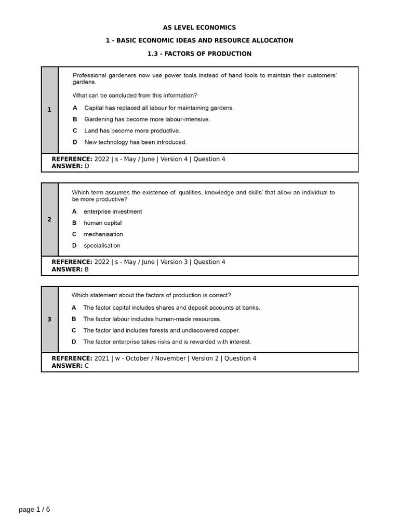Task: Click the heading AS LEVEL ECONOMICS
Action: [199, 28]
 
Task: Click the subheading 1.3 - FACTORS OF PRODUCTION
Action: [199, 54]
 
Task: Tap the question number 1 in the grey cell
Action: [49, 110]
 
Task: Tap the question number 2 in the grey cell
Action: [49, 219]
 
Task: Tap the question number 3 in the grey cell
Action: [49, 319]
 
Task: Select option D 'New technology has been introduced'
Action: [135, 142]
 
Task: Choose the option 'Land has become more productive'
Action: [132, 130]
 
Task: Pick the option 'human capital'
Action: [102, 223]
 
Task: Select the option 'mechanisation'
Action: [103, 234]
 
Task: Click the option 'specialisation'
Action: [102, 246]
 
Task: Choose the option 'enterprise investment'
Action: [112, 211]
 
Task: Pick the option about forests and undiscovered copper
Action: [161, 330]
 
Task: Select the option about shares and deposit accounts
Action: [171, 308]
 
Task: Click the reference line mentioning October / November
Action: [154, 358]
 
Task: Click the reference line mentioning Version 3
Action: [138, 262]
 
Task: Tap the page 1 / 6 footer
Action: [35, 509]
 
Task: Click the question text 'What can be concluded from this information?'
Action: [135, 96]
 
